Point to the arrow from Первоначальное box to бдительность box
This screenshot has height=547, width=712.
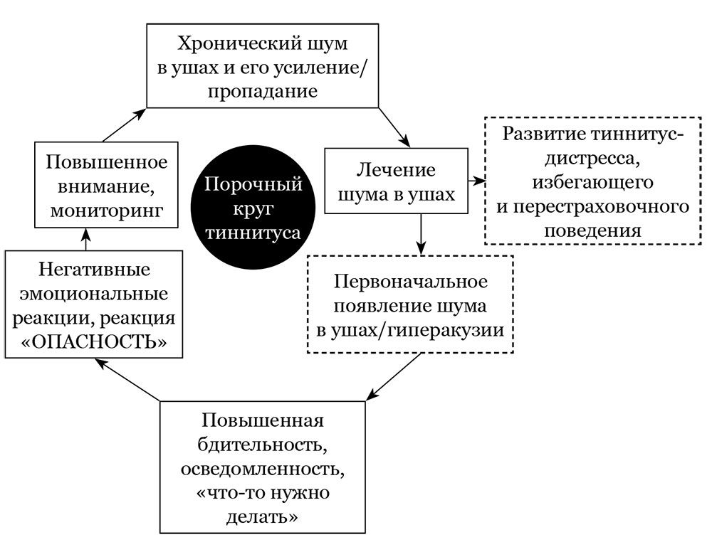pyautogui.click(x=392, y=377)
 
